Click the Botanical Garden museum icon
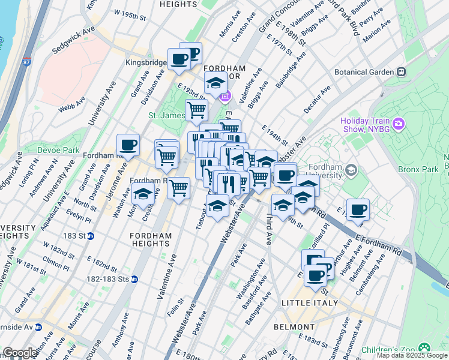tap(401, 72)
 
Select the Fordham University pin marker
tap(351, 170)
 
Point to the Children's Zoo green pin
tap(425, 347)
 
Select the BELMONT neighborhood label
tap(294, 327)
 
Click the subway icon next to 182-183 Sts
tap(135, 279)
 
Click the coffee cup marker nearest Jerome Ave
tap(128, 145)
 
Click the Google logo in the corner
tap(20, 353)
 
